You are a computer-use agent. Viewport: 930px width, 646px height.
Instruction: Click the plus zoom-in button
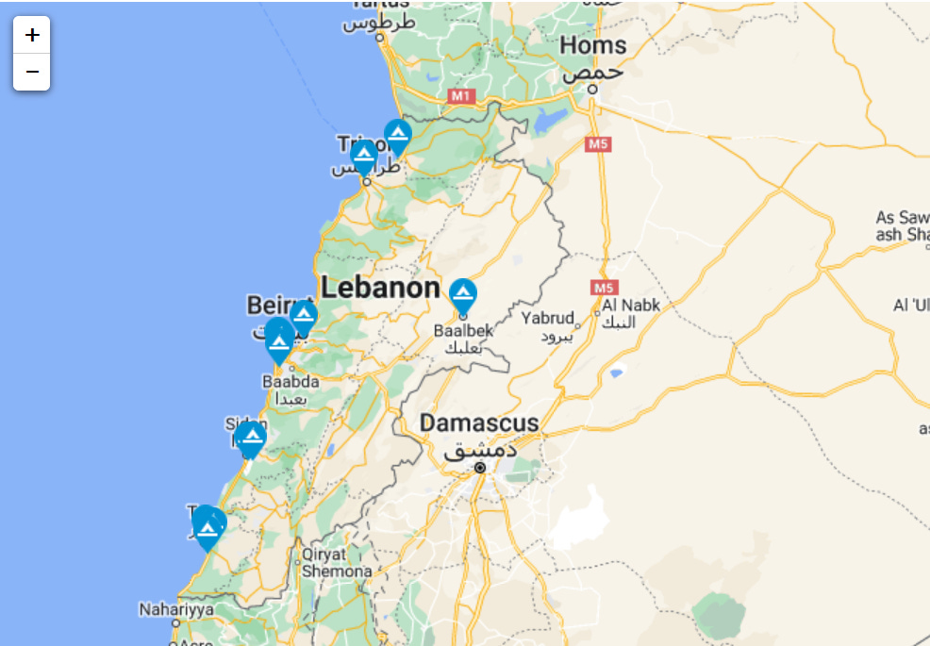click(32, 35)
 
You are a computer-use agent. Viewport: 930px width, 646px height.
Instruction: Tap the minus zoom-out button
click(32, 72)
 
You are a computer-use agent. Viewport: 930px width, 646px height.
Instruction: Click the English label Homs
click(592, 44)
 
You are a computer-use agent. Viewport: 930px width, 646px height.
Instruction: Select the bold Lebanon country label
click(380, 288)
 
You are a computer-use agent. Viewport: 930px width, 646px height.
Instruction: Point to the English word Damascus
click(479, 422)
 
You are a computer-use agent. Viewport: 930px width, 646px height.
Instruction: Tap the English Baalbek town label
click(463, 331)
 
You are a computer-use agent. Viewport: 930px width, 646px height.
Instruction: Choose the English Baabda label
click(291, 382)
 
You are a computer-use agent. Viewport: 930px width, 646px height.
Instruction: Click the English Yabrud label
click(547, 318)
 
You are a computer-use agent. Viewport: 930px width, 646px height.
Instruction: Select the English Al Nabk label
click(631, 306)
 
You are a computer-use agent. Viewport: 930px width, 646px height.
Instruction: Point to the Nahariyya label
click(176, 609)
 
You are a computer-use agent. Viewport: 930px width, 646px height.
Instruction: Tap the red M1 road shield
click(460, 95)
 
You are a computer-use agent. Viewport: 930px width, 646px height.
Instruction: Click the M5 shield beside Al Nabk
click(604, 287)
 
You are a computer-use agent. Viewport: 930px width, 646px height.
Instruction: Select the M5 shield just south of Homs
click(598, 144)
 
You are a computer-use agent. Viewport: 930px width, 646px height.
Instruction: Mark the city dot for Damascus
click(480, 467)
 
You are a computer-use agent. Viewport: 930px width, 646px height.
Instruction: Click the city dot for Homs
click(592, 89)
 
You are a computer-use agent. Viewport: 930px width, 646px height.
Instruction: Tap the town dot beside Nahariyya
click(175, 622)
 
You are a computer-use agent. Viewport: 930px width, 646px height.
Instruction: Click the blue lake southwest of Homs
click(552, 121)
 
